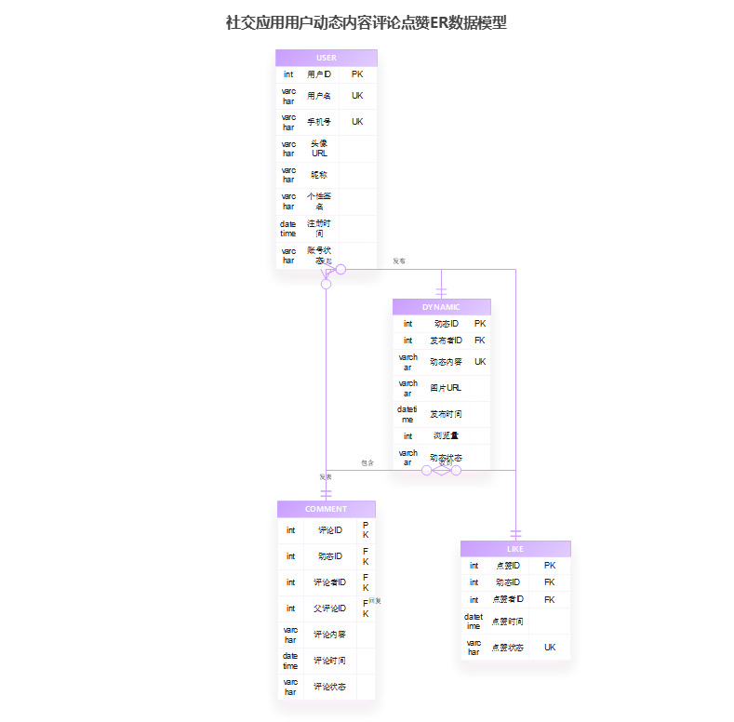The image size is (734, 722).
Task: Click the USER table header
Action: [x=327, y=58]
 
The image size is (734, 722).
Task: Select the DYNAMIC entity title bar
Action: [x=441, y=307]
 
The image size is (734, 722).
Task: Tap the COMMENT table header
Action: [x=326, y=509]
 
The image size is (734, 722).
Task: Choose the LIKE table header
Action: [x=515, y=549]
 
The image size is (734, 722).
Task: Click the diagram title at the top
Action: [x=367, y=22]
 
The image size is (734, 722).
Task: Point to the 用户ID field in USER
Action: [x=319, y=74]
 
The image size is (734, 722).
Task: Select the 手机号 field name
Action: [x=319, y=122]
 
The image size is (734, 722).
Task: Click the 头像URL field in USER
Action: [x=319, y=149]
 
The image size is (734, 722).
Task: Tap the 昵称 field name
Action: [x=319, y=175]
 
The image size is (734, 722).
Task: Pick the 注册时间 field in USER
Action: [x=319, y=229]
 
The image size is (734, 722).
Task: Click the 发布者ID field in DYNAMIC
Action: [x=446, y=341]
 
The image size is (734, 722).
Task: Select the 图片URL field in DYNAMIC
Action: [x=446, y=388]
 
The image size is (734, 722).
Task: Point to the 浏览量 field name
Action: [x=446, y=435]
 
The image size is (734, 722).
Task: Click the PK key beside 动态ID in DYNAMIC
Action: [x=480, y=324]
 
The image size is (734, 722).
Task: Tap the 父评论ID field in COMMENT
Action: [x=329, y=608]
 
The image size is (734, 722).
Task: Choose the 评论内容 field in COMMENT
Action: [x=329, y=635]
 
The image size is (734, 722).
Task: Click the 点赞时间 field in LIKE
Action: [x=508, y=622]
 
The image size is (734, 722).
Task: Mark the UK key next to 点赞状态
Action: [x=550, y=648]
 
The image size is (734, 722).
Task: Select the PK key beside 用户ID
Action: [x=357, y=74]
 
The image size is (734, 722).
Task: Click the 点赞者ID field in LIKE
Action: [x=508, y=599]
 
